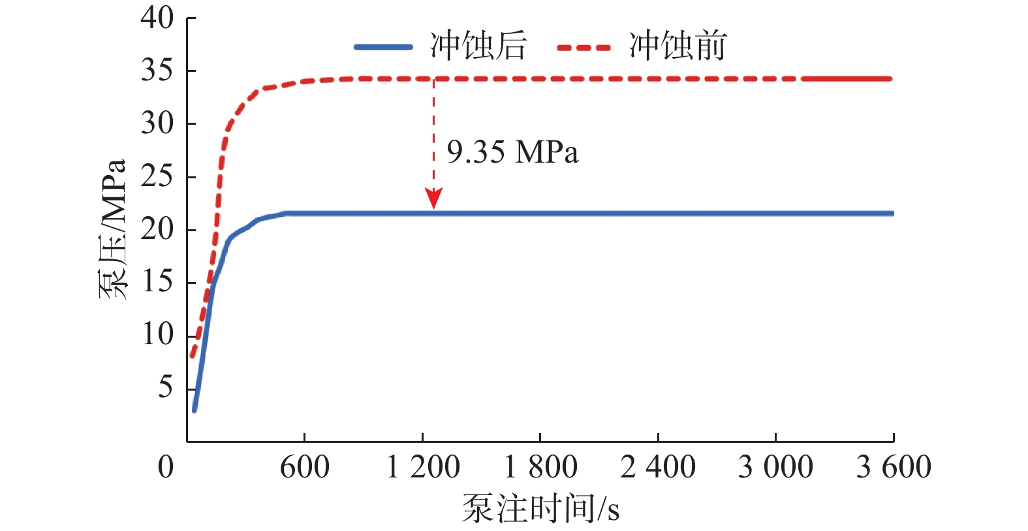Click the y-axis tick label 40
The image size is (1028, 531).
tap(157, 18)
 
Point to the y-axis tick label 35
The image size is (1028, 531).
tap(157, 71)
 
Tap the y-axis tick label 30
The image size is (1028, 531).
tap(157, 123)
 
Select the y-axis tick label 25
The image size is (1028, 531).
tap(157, 176)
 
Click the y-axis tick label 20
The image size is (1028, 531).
tap(157, 229)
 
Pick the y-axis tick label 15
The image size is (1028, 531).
tap(157, 282)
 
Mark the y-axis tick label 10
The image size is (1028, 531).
tap(157, 335)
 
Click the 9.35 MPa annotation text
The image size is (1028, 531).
tap(512, 153)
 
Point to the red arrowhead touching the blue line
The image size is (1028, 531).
tap(433, 199)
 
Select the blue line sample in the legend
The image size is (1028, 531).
tap(383, 47)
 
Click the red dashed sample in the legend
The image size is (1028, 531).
tap(584, 47)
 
